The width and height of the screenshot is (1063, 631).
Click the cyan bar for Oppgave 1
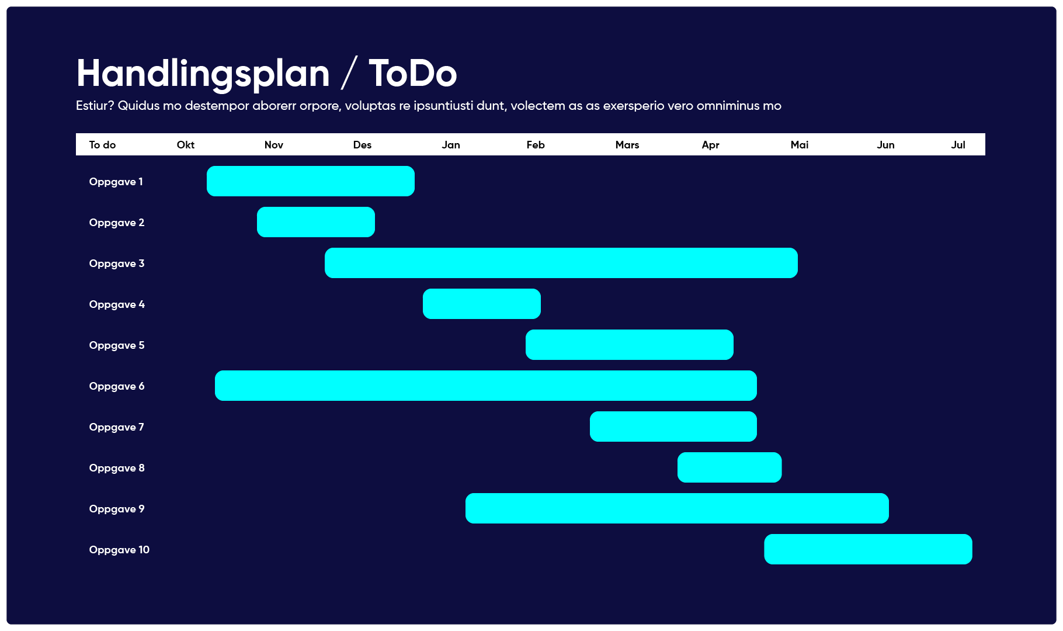310,181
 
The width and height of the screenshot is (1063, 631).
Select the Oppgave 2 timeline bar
315,222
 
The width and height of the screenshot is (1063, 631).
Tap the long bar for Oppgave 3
561,263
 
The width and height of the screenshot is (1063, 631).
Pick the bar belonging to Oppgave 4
481,304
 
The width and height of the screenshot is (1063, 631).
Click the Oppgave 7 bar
673,427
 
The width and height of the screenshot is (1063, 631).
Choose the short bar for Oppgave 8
729,467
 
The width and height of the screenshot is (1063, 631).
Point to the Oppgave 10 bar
868,549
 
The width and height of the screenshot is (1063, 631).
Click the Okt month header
186,145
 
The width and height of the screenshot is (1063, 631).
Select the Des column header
362,145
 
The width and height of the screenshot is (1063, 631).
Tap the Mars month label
627,145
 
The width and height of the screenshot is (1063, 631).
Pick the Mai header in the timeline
799,145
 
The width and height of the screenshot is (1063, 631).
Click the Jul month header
958,145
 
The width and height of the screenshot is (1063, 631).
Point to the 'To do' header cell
102,145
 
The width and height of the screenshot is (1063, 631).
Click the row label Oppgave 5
116,345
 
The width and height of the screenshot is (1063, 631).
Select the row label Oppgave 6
116,386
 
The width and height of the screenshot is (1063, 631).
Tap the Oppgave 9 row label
116,509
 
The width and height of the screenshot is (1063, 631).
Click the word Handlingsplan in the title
203,74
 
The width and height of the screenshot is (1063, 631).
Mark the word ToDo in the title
412,74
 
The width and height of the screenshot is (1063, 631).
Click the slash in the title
349,74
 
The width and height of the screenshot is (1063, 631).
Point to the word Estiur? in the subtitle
95,106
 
